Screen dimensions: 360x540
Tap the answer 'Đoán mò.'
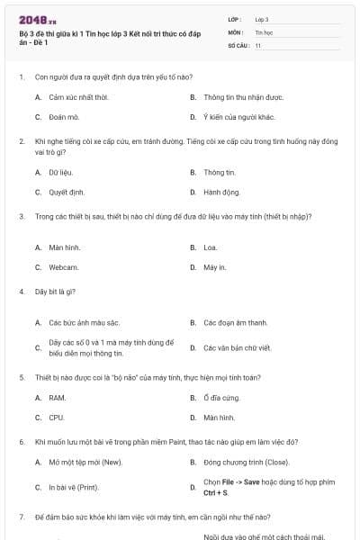[x=64, y=117]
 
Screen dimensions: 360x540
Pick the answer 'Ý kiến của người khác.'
[x=239, y=117]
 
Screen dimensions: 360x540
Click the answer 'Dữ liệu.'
[x=61, y=172]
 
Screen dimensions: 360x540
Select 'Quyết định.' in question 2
[x=67, y=192]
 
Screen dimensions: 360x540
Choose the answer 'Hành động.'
[x=221, y=192]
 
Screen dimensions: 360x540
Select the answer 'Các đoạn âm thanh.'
[x=236, y=322]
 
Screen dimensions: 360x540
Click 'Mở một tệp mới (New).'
[x=85, y=462]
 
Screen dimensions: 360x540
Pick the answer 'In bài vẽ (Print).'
[x=75, y=487]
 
